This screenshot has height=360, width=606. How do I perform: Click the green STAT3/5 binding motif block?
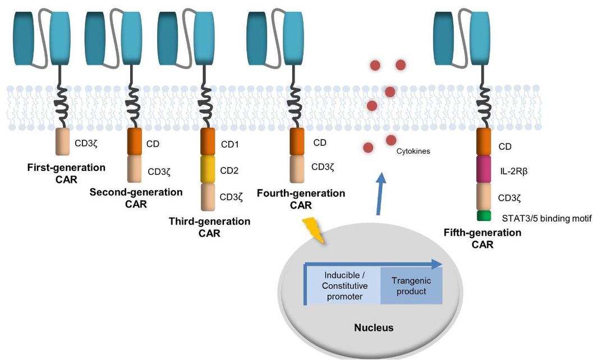tap(484, 216)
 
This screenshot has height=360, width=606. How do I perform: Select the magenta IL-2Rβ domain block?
tap(484, 169)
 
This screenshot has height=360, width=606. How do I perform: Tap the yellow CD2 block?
tap(208, 169)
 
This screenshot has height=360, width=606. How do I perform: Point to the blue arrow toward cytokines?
tap(381, 194)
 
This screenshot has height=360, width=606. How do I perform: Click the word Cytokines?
tap(413, 151)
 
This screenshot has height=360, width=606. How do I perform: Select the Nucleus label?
tap(374, 327)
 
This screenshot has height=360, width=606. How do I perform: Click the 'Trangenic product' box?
tap(411, 286)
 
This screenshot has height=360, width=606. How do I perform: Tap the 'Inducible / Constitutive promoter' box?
tap(344, 286)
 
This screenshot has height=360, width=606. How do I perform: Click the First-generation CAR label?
tap(66, 173)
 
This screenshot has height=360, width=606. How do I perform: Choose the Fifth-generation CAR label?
tap(483, 238)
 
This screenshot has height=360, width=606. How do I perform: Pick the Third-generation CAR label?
tap(209, 227)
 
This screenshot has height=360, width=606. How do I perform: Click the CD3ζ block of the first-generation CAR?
tap(63, 142)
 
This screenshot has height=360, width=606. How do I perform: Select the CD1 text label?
tap(229, 145)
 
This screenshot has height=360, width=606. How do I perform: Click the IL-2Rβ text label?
tap(513, 170)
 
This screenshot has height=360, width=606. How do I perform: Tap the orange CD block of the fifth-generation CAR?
tap(484, 142)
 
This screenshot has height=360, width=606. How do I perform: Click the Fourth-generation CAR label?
tap(301, 199)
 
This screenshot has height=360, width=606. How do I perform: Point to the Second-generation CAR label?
tap(136, 198)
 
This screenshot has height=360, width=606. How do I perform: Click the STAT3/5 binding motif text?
tap(547, 219)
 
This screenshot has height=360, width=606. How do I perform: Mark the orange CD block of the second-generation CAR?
tap(135, 142)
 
